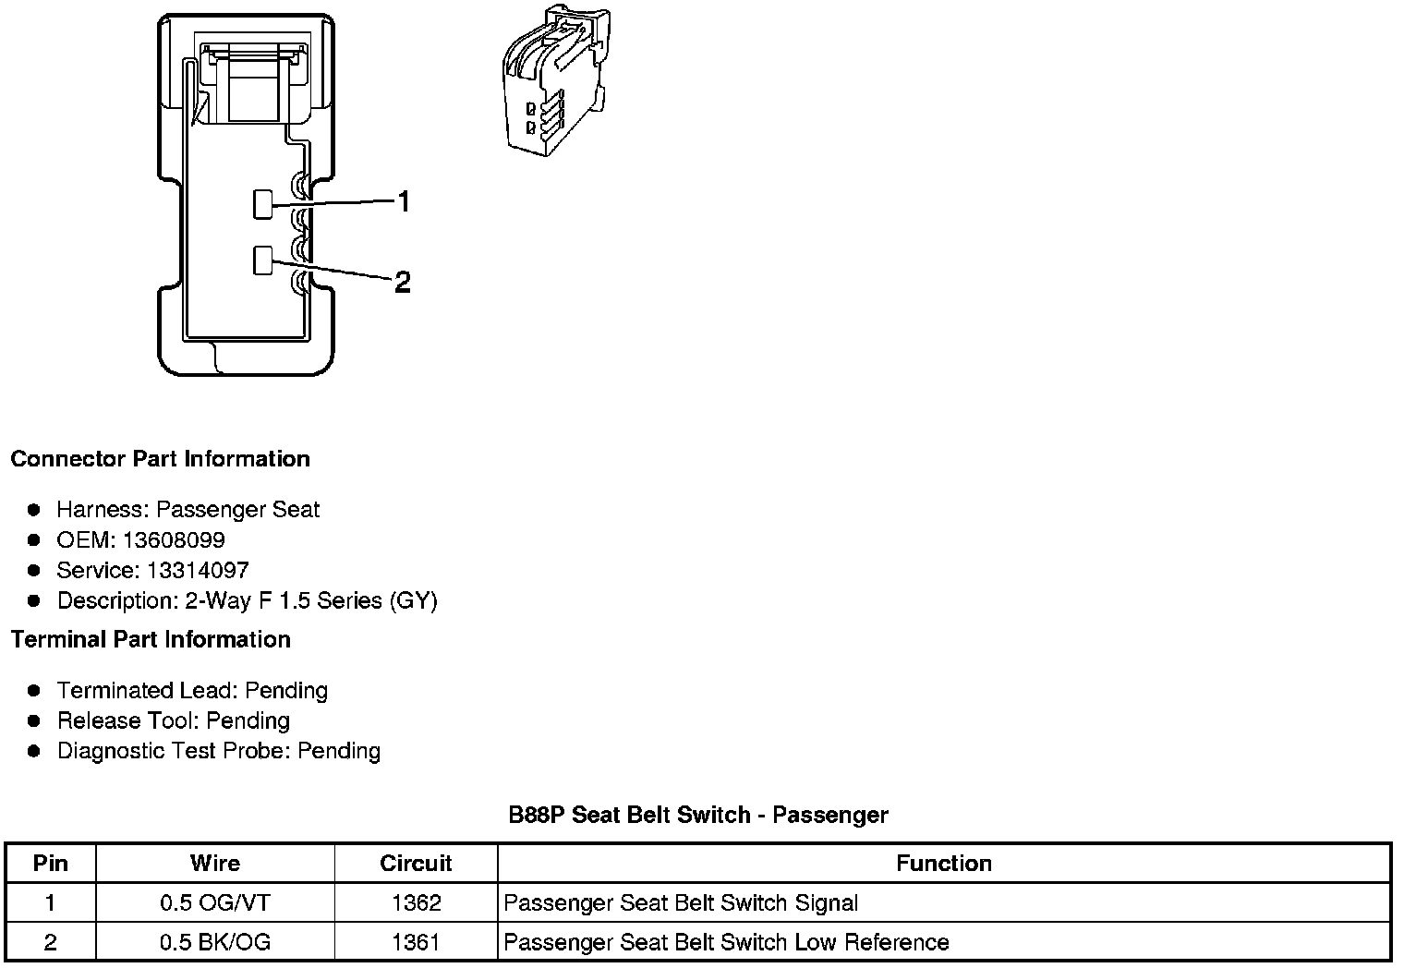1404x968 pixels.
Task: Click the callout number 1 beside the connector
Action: click(403, 201)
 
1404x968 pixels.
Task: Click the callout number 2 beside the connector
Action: click(402, 282)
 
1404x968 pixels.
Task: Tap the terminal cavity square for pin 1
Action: click(263, 204)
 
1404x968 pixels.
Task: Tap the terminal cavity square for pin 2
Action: click(263, 260)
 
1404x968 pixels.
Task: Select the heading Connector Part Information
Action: click(160, 459)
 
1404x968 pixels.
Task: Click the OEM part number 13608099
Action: click(174, 539)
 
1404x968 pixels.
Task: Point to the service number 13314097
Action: click(198, 570)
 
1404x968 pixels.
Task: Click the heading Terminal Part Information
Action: click(151, 639)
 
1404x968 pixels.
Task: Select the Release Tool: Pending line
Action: click(174, 720)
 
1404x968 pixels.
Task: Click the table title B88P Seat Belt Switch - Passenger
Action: click(698, 815)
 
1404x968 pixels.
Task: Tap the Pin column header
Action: click(51, 863)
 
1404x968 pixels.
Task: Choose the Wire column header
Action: click(215, 863)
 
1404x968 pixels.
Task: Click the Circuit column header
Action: click(416, 863)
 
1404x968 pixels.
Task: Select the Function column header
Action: click(944, 863)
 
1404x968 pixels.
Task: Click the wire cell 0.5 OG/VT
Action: click(215, 902)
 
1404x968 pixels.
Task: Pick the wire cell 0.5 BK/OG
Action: click(215, 942)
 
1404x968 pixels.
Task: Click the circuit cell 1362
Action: click(416, 902)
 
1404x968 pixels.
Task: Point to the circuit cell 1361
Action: click(416, 942)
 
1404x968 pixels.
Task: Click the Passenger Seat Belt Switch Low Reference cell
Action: click(727, 942)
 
